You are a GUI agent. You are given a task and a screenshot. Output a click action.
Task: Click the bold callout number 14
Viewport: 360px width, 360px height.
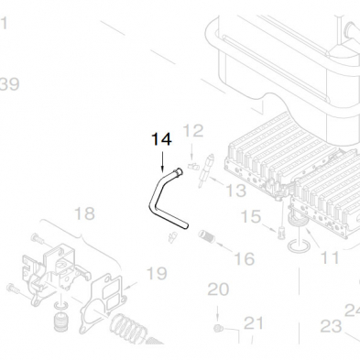coord(161,139)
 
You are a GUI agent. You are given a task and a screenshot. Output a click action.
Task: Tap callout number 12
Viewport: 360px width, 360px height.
coord(193,131)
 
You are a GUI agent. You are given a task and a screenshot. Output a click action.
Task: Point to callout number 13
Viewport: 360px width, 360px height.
coord(235,191)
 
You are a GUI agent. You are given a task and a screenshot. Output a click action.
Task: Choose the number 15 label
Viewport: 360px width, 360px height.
coord(251,216)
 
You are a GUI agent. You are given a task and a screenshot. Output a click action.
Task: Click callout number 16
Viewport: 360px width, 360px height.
coord(245,258)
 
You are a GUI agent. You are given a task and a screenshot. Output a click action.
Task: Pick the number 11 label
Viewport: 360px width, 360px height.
coord(330,258)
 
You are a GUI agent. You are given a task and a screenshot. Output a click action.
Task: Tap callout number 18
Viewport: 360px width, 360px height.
coord(84,213)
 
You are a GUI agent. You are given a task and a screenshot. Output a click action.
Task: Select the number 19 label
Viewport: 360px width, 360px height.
coord(157,273)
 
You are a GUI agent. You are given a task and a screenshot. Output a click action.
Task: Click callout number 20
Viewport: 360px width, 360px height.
coord(218,289)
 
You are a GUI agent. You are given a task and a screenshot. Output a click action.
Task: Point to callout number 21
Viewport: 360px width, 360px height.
coord(254,323)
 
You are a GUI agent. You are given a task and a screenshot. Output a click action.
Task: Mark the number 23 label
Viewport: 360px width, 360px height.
coord(331,326)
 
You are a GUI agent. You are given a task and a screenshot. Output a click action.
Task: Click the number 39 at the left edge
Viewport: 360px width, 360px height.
coord(9,84)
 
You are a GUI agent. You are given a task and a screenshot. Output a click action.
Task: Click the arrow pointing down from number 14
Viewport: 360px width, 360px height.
coord(162,161)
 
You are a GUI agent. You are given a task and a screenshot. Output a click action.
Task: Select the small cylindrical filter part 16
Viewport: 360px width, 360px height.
coord(207,236)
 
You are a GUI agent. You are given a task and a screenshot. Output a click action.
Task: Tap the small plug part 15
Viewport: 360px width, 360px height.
coord(281,233)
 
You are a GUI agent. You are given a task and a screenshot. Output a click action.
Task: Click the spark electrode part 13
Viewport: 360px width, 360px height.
coord(205,170)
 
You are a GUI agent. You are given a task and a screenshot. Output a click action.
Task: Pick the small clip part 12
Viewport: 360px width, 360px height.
coord(193,167)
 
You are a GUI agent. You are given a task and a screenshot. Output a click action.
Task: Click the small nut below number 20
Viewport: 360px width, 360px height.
coord(219,329)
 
